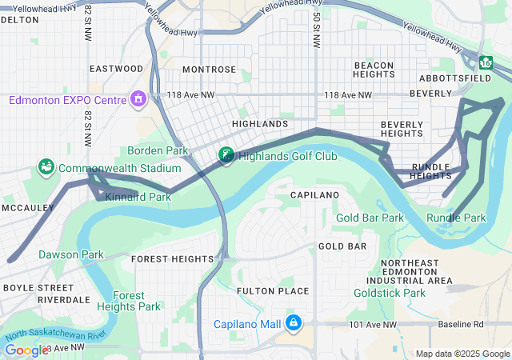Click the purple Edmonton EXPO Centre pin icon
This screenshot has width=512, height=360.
(x=139, y=99)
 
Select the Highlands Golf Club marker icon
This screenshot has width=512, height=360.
(x=227, y=156)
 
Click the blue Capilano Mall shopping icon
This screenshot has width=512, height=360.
(x=294, y=322)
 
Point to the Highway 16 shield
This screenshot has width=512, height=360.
(x=486, y=62)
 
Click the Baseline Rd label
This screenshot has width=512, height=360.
(x=462, y=325)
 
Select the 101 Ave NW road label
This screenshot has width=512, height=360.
(x=373, y=325)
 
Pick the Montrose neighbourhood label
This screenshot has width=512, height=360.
(x=209, y=70)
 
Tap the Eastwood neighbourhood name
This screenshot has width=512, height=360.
(x=116, y=69)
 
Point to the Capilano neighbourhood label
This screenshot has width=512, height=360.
(x=314, y=194)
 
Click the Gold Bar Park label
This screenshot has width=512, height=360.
(x=370, y=218)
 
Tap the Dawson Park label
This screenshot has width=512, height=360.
(x=71, y=254)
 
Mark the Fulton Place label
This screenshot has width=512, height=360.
(x=273, y=290)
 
